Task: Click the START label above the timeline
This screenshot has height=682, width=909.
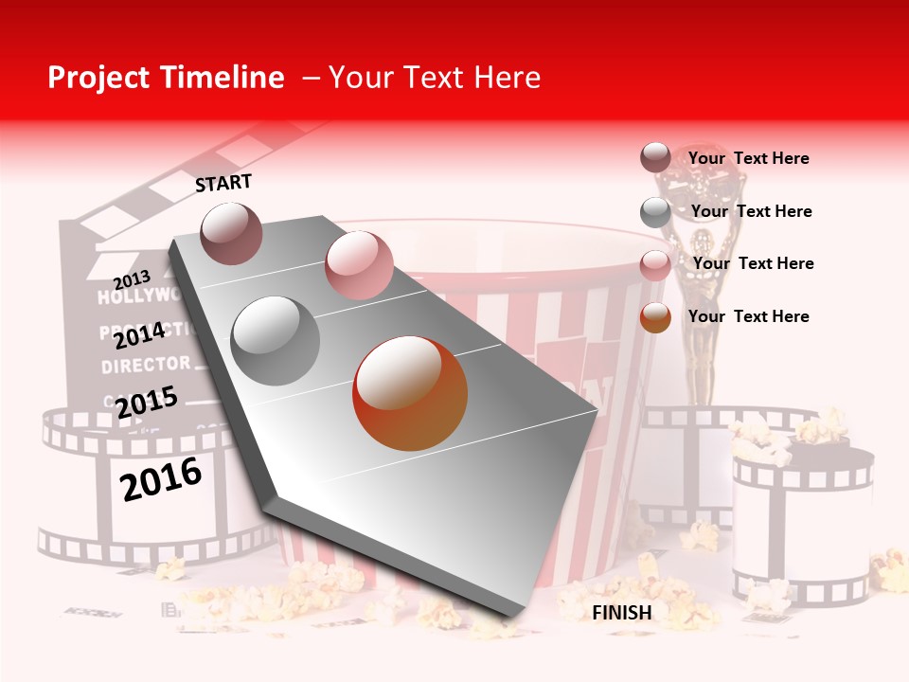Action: point(223,183)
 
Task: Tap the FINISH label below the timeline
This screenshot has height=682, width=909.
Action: point(621,613)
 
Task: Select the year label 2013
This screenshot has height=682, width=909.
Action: point(132,279)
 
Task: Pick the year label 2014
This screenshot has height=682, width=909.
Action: point(139,335)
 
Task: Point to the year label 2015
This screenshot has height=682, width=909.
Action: point(147,402)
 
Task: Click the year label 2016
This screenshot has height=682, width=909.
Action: point(162,478)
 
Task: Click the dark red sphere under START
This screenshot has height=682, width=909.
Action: point(231,233)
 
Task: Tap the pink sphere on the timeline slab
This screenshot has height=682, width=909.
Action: point(359,264)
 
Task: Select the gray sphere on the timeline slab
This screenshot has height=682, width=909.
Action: point(276,340)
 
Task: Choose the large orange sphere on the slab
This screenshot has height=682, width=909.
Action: point(410,393)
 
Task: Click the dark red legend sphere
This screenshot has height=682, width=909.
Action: point(655,158)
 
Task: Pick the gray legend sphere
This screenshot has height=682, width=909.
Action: point(655,212)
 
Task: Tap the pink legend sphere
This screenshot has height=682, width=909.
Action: point(655,265)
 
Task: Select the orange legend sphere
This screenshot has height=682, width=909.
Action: point(655,317)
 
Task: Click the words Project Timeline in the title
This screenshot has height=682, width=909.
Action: point(166,78)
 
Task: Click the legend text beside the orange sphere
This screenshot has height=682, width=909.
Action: point(748,316)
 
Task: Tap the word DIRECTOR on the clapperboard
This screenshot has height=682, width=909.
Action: point(146,364)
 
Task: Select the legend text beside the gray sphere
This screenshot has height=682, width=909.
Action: point(751,211)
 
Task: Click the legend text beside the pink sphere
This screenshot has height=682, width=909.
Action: point(753,263)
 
